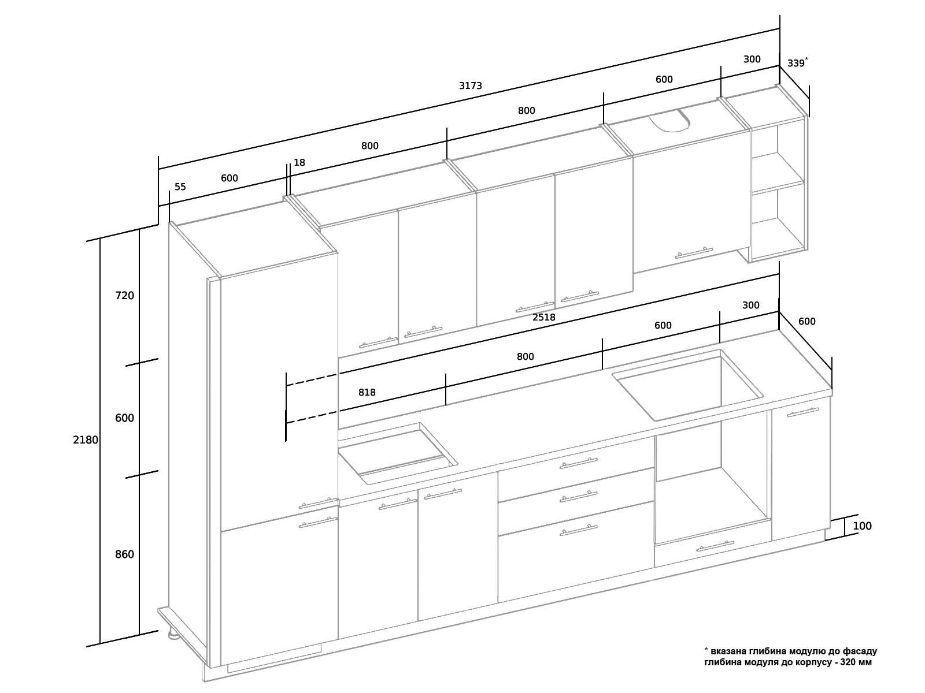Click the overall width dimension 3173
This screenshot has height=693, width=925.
(470, 86)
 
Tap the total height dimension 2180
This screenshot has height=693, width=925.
(85, 440)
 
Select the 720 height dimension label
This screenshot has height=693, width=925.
(124, 296)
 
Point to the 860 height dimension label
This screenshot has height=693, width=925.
(124, 554)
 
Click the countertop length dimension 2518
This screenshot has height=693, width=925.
(543, 317)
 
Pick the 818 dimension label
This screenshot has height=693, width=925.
(367, 393)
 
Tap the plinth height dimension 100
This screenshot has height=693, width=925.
(862, 526)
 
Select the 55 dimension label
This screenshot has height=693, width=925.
(180, 187)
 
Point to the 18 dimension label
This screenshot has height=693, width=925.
(299, 162)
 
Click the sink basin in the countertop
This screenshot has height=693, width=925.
(688, 385)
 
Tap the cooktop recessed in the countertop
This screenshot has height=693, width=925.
(397, 453)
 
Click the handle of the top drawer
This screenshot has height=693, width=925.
(578, 463)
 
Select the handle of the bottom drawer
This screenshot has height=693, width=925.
(578, 530)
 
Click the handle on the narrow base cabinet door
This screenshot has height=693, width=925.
(803, 412)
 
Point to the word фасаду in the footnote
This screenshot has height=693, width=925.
(860, 651)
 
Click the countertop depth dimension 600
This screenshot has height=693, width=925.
(806, 322)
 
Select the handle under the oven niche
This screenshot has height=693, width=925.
(715, 546)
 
